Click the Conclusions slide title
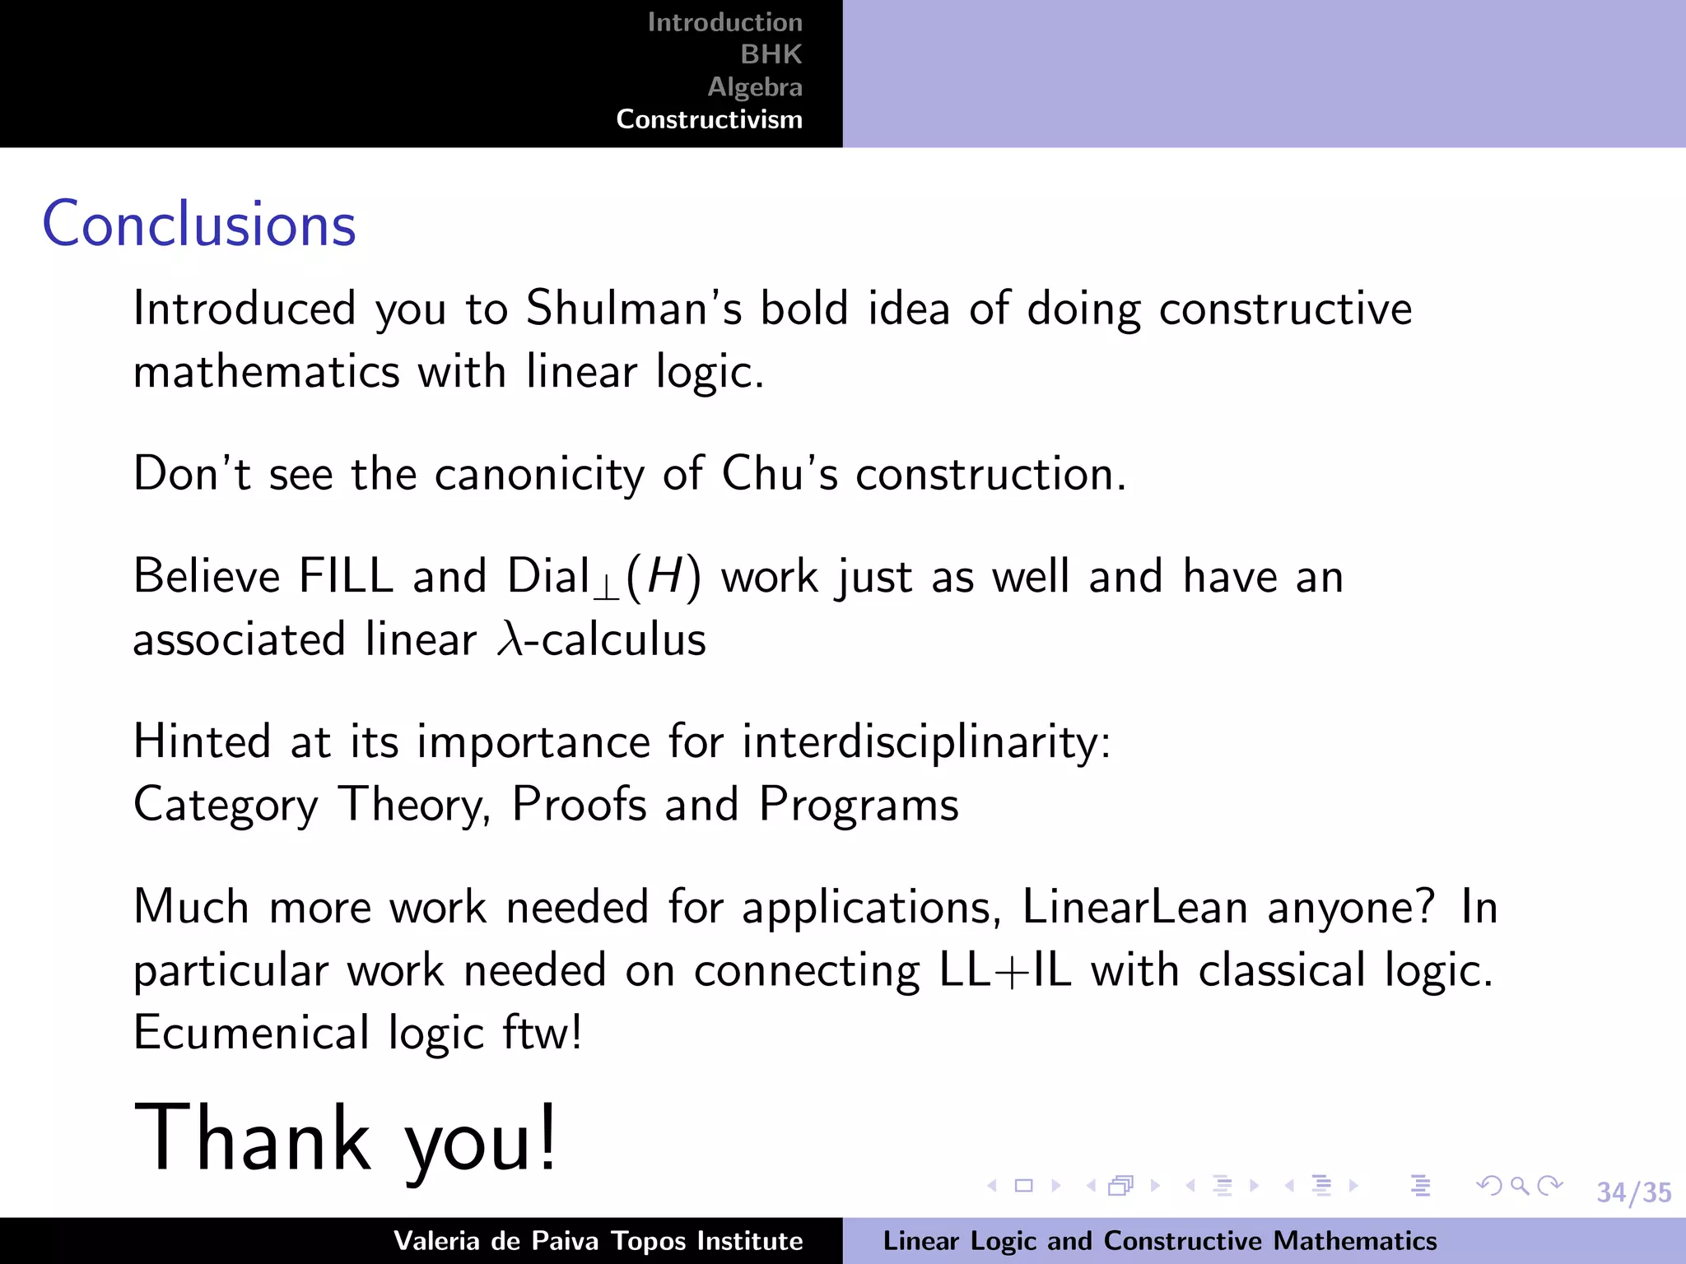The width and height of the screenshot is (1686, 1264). pos(199,224)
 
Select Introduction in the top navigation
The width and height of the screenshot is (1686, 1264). pos(724,22)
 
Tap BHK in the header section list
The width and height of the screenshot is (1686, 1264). pos(771,54)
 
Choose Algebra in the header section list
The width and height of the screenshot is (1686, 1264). pos(755,86)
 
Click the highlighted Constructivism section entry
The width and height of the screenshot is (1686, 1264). pos(709,119)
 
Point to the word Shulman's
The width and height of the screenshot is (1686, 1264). pos(633,309)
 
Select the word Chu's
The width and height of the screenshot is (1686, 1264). pos(779,474)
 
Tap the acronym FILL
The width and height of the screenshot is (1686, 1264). pos(346,576)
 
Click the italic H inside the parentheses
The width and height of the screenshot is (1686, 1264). pos(664,576)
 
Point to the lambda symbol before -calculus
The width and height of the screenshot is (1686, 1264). pos(510,639)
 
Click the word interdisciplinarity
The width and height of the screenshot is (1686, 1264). pos(926,742)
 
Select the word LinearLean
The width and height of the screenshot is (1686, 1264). pos(1135,908)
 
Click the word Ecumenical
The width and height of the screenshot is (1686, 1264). pos(251,1033)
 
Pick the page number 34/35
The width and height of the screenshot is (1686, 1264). pos(1633,1192)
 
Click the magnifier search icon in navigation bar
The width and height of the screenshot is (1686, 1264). pos(1520,1186)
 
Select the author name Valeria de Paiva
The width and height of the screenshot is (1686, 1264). pos(496,1241)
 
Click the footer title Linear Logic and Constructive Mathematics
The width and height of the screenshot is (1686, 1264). pos(1159,1241)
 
